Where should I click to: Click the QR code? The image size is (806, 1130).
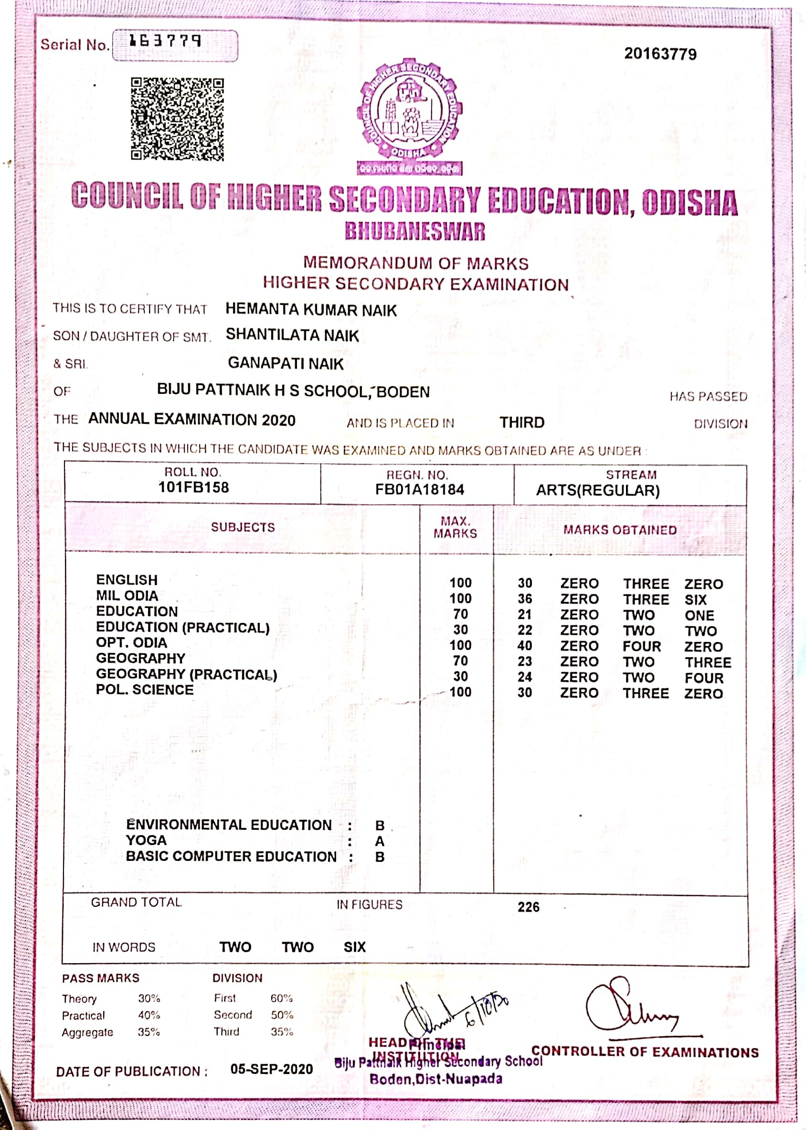click(177, 119)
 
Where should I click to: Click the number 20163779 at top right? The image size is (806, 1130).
click(660, 54)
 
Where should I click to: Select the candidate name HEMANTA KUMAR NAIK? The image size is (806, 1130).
click(311, 310)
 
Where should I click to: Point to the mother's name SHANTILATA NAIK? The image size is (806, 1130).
click(292, 335)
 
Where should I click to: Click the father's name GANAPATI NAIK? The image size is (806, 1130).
click(286, 363)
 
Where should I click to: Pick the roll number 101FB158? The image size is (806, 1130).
click(193, 487)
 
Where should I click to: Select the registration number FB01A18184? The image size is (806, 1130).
click(419, 490)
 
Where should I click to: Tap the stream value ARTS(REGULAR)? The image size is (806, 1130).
click(597, 491)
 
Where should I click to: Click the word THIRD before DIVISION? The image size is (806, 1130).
click(521, 422)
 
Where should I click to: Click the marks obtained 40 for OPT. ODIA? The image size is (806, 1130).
click(525, 646)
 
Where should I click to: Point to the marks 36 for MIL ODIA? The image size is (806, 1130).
click(525, 599)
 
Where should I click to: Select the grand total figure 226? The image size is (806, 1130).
click(528, 907)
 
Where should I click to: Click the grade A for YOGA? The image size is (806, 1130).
click(380, 841)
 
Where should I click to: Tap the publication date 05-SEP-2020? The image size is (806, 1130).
click(272, 1069)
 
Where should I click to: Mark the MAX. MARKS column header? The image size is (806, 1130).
click(455, 527)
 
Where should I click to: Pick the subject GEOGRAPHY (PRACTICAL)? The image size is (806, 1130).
click(186, 674)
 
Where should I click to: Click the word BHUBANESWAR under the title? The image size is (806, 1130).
click(415, 231)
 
